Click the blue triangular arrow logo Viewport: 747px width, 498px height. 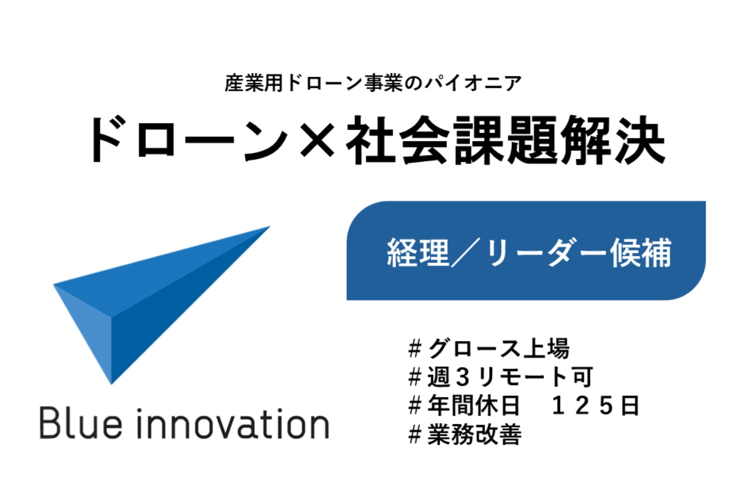(x=161, y=305)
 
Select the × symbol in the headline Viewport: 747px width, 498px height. (x=317, y=140)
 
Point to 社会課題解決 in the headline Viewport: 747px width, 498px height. (x=505, y=139)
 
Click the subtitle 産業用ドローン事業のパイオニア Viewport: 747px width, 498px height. (x=373, y=83)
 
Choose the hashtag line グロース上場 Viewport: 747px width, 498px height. (x=489, y=348)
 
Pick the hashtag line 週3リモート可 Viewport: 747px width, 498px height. (x=500, y=377)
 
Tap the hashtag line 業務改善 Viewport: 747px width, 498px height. (x=465, y=434)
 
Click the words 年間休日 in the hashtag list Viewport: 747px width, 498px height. (x=474, y=405)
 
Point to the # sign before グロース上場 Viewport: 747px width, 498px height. (x=415, y=348)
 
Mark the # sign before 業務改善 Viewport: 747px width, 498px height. (x=415, y=434)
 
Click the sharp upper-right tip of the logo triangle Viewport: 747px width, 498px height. (x=270, y=227)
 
